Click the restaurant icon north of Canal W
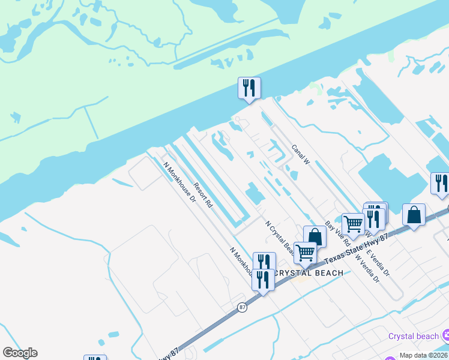249,88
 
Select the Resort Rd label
203,196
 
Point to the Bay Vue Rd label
337,234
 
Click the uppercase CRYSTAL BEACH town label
309,273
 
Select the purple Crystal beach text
414,336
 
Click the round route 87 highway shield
242,307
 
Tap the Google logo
20,353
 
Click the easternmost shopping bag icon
414,215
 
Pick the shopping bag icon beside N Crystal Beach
315,237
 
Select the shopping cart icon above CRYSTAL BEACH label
305,253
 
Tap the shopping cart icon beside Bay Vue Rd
353,224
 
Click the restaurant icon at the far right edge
441,183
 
